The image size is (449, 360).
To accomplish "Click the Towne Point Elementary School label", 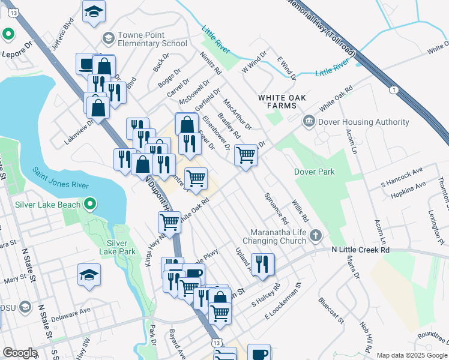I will (144, 39).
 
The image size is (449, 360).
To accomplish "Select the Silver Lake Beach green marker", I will (90, 205).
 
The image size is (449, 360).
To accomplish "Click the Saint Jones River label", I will (60, 181).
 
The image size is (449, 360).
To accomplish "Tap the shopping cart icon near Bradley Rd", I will (246, 154).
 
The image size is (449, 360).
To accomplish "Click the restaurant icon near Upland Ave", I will (262, 263).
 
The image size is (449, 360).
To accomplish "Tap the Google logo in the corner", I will (20, 352).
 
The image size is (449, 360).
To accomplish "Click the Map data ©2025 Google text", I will (411, 355).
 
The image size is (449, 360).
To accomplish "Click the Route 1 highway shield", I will (393, 90).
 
